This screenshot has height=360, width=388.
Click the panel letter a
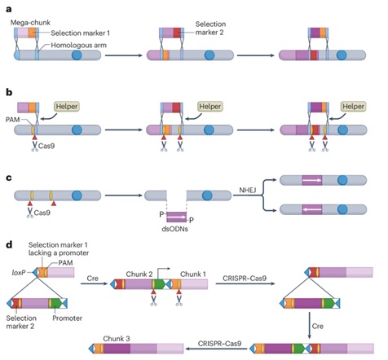click(x=9, y=10)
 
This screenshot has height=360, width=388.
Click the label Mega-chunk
click(x=30, y=23)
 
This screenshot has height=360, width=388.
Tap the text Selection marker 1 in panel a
click(x=81, y=33)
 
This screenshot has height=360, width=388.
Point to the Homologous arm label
click(x=78, y=45)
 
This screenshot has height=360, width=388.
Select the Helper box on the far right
click(x=353, y=107)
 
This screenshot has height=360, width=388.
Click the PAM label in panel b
click(x=12, y=120)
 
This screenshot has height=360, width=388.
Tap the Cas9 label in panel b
click(x=46, y=146)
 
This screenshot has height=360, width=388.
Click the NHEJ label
click(x=248, y=190)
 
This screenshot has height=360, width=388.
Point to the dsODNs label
click(x=174, y=229)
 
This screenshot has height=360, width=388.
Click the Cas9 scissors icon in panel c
click(x=30, y=213)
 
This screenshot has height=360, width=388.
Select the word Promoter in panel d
click(x=67, y=318)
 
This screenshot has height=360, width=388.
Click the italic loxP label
click(x=19, y=272)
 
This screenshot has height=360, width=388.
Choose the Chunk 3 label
click(x=117, y=339)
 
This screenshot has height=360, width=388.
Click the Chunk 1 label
click(x=193, y=274)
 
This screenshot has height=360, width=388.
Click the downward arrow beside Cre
click(x=310, y=325)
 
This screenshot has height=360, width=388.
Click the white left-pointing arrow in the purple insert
click(x=312, y=209)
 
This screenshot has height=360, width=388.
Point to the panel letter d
click(x=9, y=244)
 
